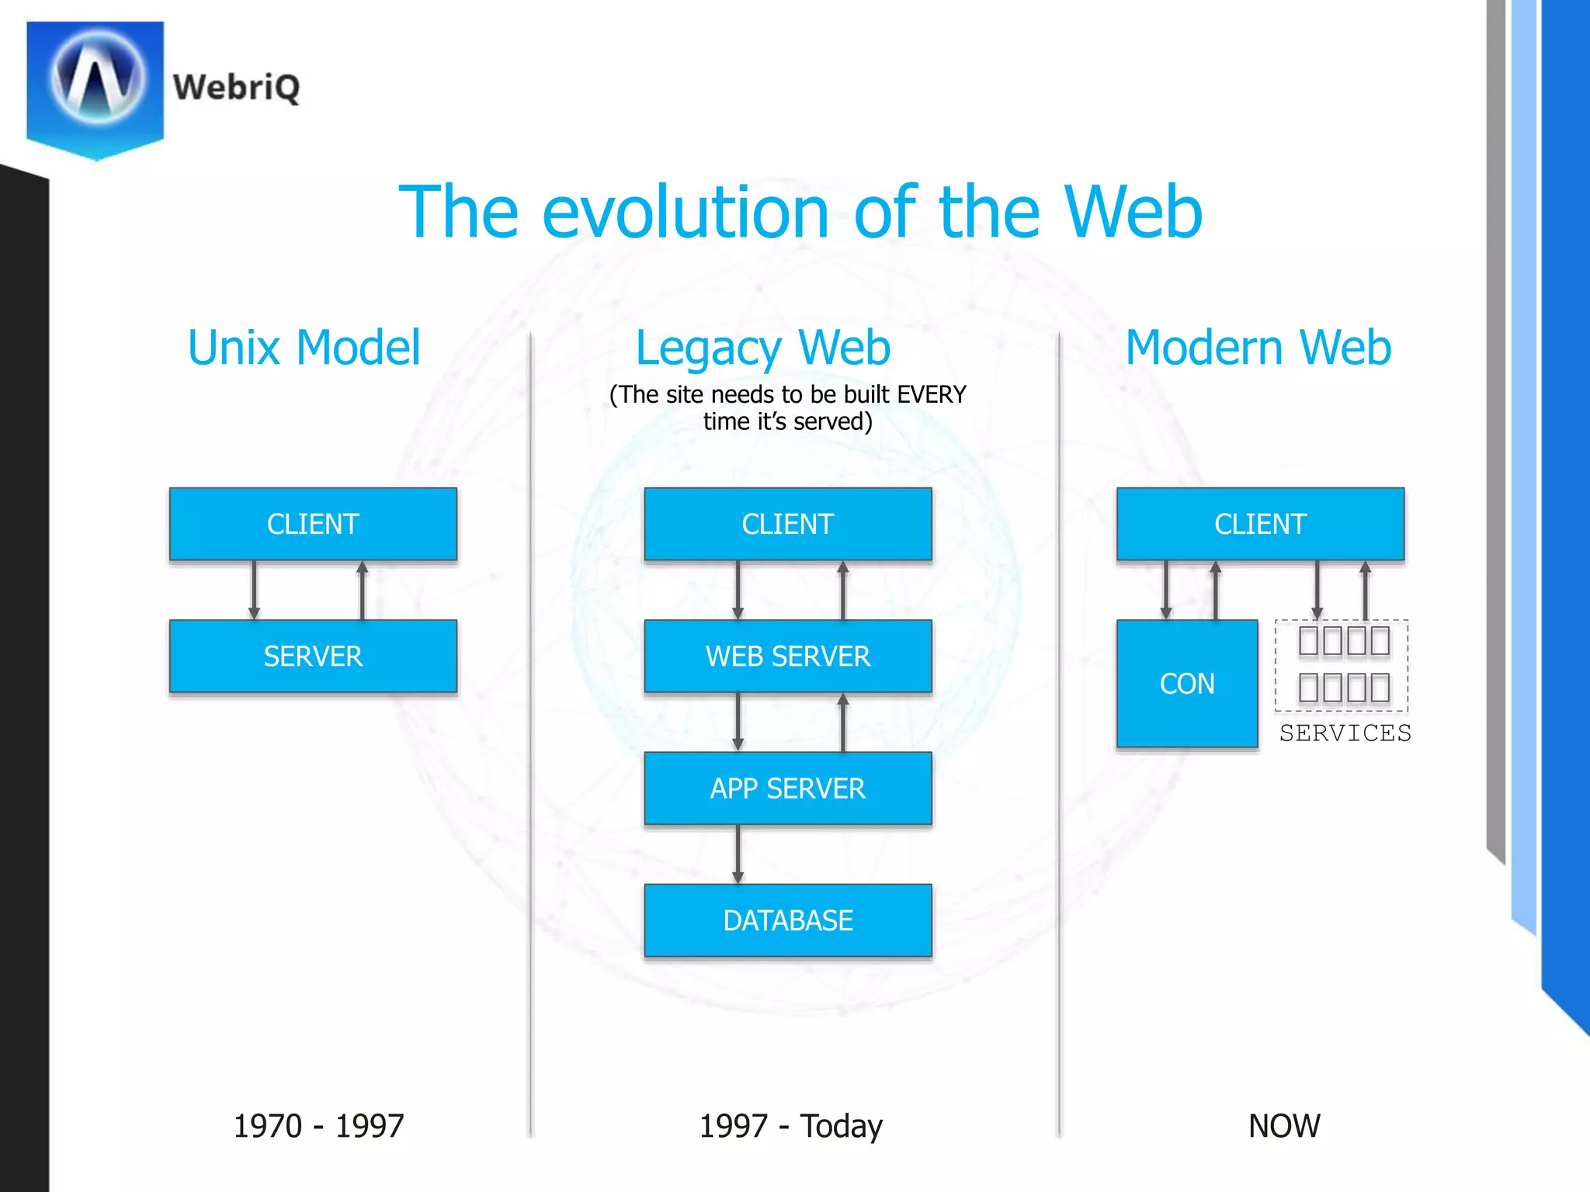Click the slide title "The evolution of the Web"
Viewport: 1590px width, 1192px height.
click(800, 212)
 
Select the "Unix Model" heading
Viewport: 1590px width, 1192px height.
click(304, 347)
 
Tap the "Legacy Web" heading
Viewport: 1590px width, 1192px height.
click(762, 348)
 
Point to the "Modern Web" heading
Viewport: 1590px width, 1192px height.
click(1258, 347)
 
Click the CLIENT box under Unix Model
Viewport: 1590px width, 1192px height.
click(313, 524)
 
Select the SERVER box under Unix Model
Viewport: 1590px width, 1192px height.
click(313, 656)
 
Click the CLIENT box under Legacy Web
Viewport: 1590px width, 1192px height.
click(787, 524)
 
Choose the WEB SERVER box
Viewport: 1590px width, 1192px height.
click(787, 656)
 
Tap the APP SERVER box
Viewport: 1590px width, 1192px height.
click(787, 788)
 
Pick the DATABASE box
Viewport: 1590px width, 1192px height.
click(787, 920)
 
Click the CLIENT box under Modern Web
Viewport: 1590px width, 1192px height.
click(1260, 524)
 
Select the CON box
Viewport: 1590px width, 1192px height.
click(1186, 683)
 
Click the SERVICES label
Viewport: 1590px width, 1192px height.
click(1345, 733)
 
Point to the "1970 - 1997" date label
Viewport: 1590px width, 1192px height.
click(318, 1125)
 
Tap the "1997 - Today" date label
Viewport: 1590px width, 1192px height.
click(790, 1125)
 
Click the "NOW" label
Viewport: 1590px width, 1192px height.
click(1284, 1125)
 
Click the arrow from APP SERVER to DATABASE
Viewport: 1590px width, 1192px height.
click(738, 854)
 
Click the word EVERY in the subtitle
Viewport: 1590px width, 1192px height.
click(931, 394)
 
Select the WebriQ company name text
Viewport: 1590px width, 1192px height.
click(236, 87)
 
